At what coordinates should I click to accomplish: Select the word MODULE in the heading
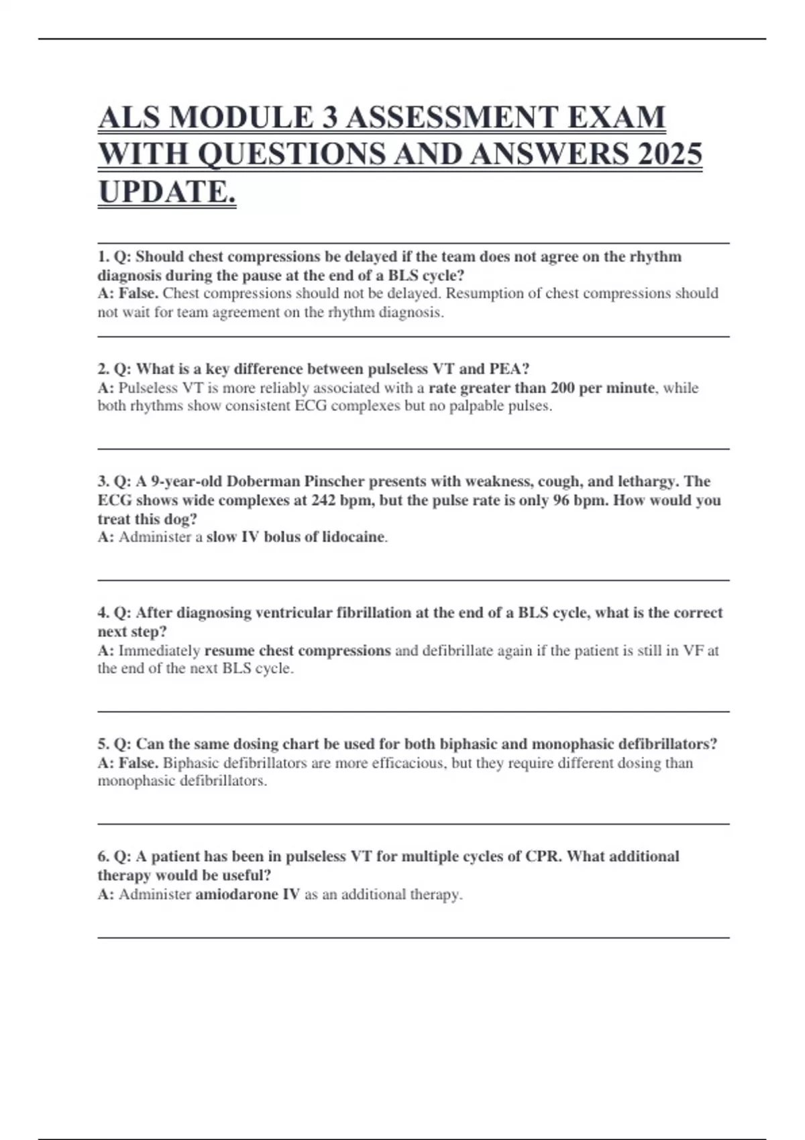pos(240,117)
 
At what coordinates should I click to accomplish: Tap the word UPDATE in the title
pos(166,192)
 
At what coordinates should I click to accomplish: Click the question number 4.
pos(103,613)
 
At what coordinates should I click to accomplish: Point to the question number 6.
pos(103,857)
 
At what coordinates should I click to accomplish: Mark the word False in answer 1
pos(138,294)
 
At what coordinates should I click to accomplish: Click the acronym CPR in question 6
pos(543,857)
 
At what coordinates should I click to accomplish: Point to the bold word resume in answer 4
pos(229,650)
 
